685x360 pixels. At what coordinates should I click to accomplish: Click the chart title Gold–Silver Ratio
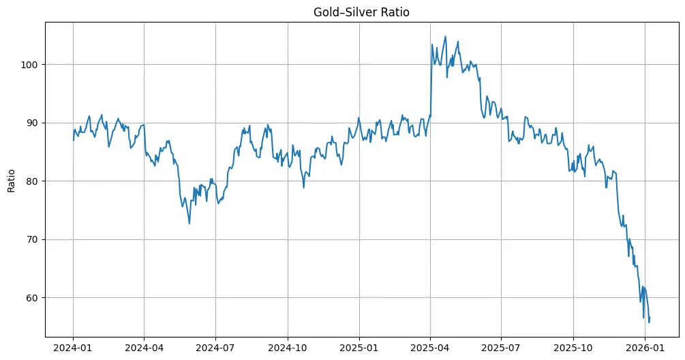tap(361, 12)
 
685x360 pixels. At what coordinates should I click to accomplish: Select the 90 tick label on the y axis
tap(33, 123)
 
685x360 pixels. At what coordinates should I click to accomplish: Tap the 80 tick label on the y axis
tap(33, 181)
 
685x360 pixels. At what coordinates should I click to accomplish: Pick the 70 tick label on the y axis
tap(33, 239)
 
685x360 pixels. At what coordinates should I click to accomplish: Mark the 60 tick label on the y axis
tap(33, 298)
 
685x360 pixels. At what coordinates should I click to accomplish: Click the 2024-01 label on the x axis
tap(73, 349)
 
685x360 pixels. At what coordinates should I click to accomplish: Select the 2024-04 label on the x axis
tap(144, 349)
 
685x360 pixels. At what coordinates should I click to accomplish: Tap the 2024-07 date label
tap(215, 349)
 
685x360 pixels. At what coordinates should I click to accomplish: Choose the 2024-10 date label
tap(287, 349)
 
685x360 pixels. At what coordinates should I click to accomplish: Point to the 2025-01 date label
tap(359, 349)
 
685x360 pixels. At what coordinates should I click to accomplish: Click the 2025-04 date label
tap(430, 349)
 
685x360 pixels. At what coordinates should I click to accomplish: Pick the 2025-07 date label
tap(501, 349)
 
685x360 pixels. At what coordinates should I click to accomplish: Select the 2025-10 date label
tap(573, 349)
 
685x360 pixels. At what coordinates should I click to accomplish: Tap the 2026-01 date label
tap(645, 349)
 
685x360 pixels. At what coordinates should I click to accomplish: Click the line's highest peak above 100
tap(446, 37)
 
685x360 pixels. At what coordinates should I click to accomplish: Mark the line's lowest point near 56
tap(649, 322)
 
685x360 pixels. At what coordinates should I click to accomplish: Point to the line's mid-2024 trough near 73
tap(189, 223)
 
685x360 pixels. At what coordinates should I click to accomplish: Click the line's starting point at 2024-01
tap(74, 140)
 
